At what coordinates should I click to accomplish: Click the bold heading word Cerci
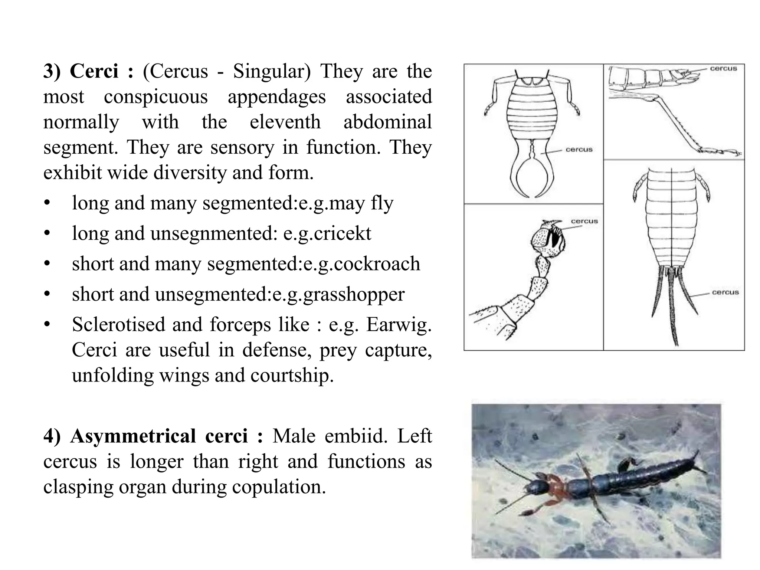94,71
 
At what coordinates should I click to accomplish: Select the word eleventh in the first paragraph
285,122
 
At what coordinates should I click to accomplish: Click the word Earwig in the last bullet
399,324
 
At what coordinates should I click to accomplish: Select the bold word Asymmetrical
133,436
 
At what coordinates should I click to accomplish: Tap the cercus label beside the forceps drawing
579,150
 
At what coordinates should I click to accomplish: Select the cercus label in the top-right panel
723,68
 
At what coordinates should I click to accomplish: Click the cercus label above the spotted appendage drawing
584,221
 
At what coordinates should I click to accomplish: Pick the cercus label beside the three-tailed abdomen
725,292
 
